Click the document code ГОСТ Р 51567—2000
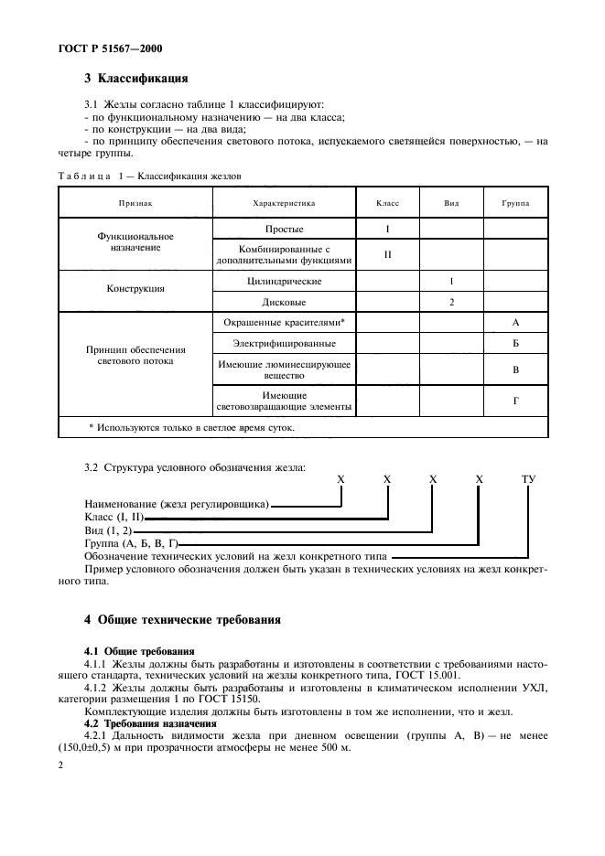click(100, 48)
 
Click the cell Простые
click(284, 229)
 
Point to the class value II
click(387, 254)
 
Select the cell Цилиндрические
click(284, 282)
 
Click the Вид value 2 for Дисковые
click(451, 301)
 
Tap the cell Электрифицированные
click(284, 344)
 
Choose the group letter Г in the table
click(516, 401)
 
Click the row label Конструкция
click(135, 288)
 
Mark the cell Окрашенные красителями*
click(284, 323)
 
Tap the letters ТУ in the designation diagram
click(528, 478)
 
